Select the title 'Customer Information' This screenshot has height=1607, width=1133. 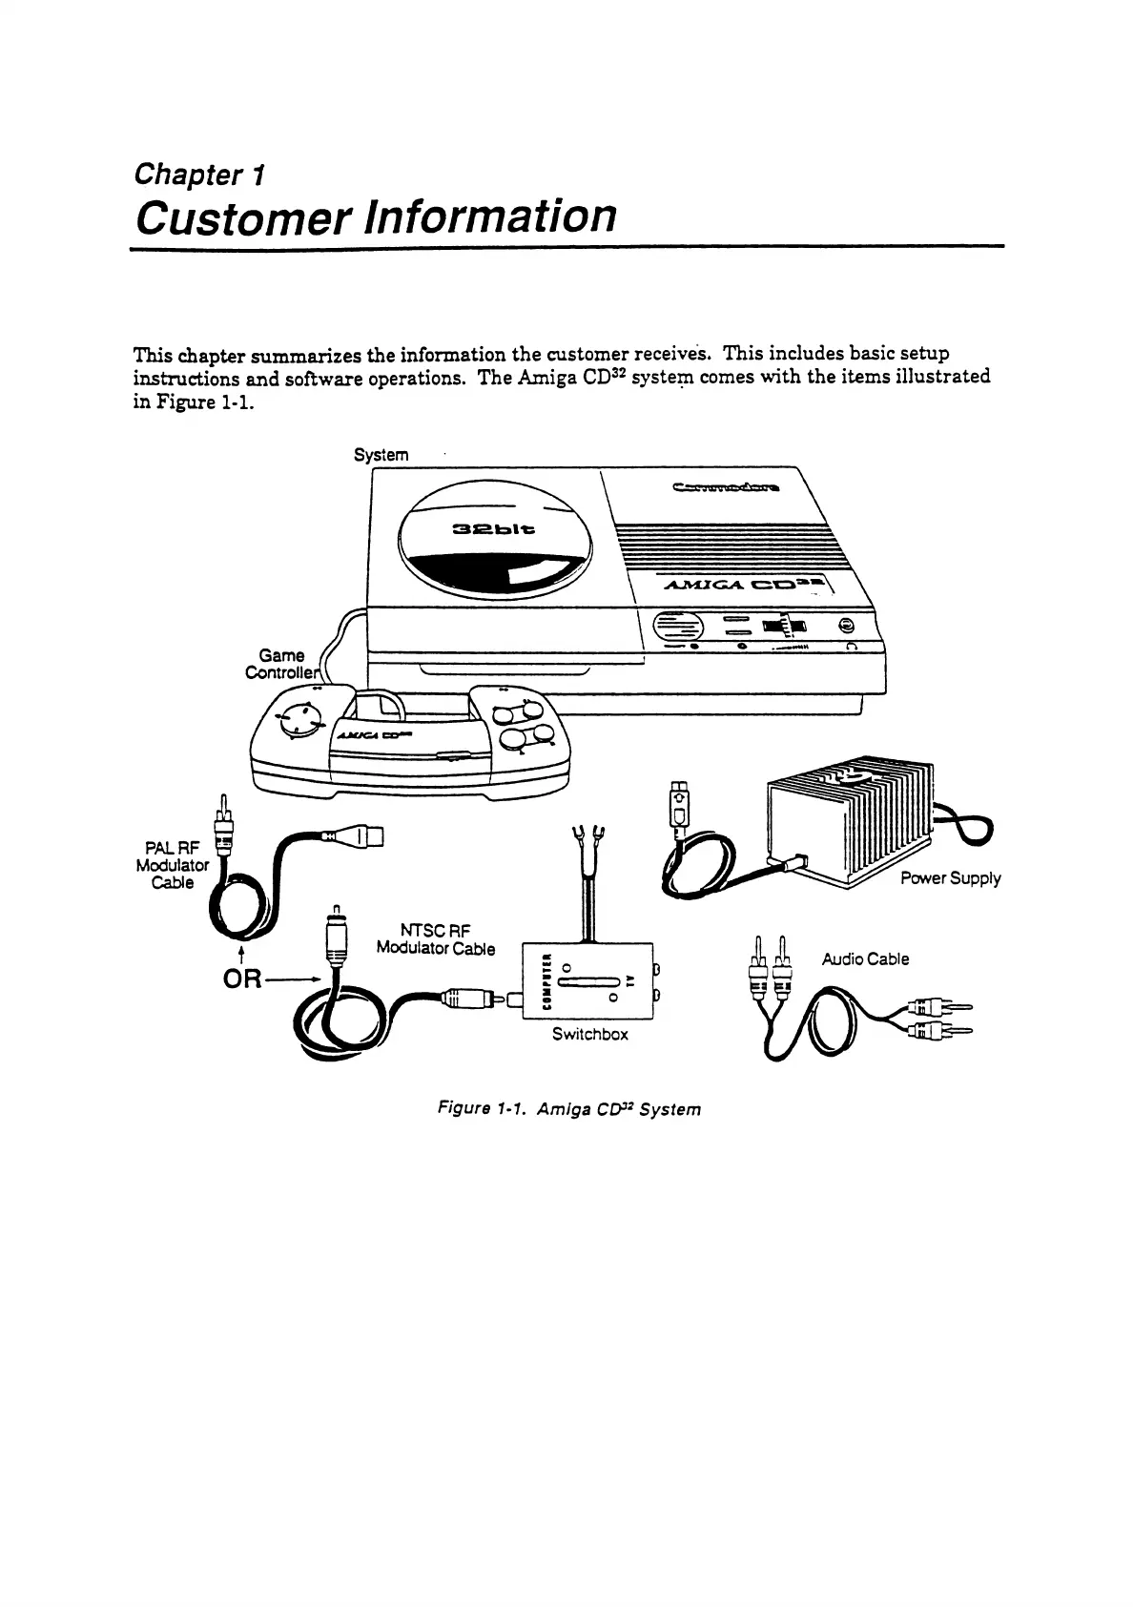click(x=375, y=216)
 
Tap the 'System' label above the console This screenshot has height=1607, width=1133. click(x=381, y=455)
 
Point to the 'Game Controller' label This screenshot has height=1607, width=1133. click(x=278, y=664)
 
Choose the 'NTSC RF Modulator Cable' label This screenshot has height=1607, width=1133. click(x=436, y=939)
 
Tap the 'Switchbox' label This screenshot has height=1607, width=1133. click(x=589, y=1034)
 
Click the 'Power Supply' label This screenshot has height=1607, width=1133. click(x=950, y=878)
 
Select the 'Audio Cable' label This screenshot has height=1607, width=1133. click(x=865, y=958)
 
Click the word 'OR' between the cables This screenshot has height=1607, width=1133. click(x=242, y=979)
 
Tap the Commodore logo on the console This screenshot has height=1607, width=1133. click(x=726, y=490)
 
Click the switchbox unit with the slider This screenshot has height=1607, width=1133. click(x=588, y=981)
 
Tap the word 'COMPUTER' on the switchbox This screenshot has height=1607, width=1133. click(x=546, y=982)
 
